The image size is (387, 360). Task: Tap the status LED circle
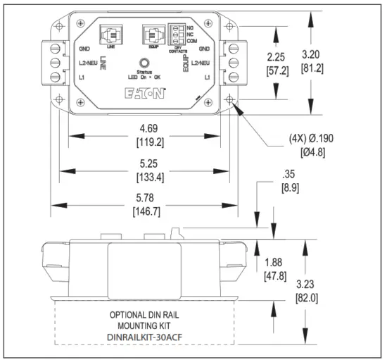(145, 62)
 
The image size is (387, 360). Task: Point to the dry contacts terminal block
(179, 33)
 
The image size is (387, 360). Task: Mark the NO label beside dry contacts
(191, 27)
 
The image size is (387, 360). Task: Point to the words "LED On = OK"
(145, 77)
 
